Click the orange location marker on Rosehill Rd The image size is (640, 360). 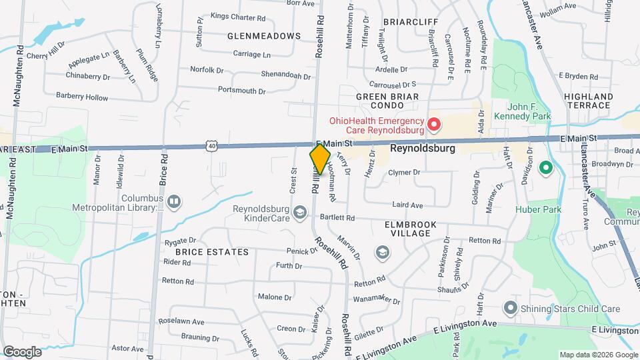[x=320, y=159]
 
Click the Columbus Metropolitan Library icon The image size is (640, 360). [x=173, y=200]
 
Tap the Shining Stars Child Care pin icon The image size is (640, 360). [x=511, y=308]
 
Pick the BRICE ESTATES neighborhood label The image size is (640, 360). [x=211, y=253]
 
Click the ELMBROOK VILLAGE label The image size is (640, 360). [x=410, y=230]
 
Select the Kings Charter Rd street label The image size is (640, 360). [x=238, y=17]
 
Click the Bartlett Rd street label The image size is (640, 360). [x=337, y=218]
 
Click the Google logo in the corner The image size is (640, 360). [x=22, y=352]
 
